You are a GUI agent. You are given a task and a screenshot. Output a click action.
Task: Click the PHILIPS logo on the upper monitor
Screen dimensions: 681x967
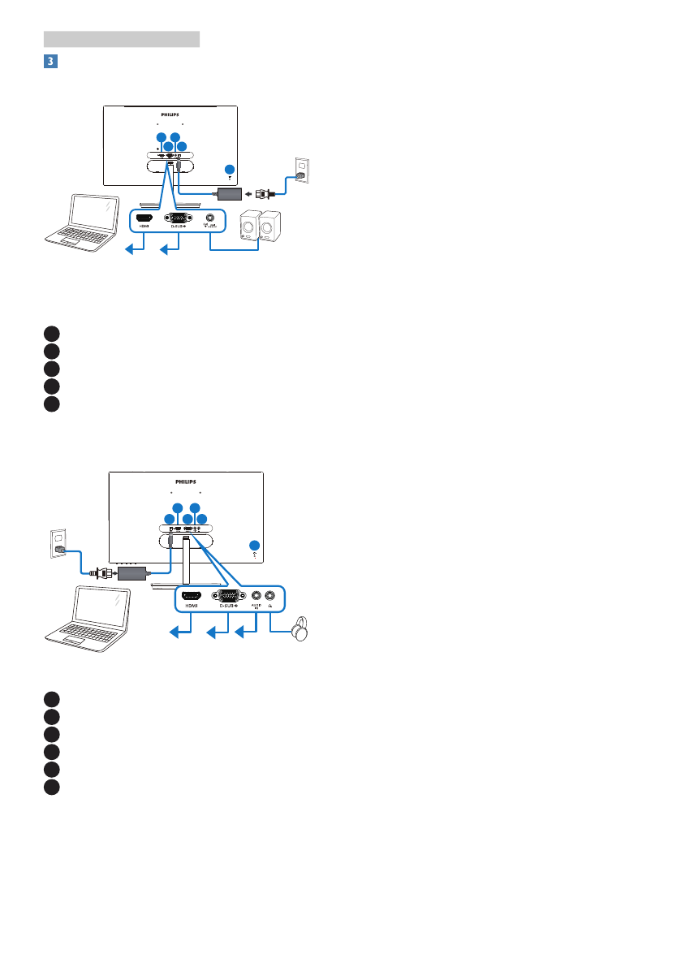(x=170, y=115)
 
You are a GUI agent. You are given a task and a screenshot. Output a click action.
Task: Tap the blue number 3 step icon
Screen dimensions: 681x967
(x=49, y=61)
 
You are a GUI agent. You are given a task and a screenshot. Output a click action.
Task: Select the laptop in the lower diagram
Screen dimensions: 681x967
(x=85, y=615)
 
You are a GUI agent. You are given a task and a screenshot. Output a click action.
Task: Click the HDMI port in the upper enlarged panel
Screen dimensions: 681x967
(x=144, y=218)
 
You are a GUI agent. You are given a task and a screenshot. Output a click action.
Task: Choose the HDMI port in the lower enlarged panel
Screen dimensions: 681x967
(x=192, y=595)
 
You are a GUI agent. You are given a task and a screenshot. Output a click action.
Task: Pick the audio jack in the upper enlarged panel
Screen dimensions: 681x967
(x=211, y=218)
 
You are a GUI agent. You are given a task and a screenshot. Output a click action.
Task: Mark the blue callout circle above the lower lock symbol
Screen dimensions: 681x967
(x=255, y=545)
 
